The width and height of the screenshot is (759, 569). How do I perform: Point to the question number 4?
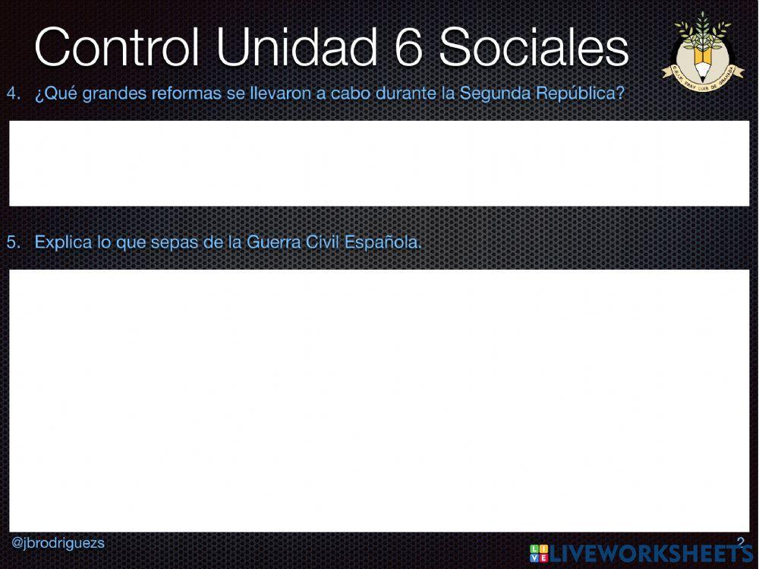(x=13, y=94)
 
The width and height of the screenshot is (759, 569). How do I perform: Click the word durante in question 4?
(x=401, y=94)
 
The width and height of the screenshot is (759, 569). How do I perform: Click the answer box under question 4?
(x=379, y=163)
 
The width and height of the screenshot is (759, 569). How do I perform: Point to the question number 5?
(x=13, y=243)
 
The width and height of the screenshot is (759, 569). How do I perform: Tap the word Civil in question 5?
(x=325, y=243)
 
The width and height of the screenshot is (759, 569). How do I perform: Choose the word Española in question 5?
(x=383, y=243)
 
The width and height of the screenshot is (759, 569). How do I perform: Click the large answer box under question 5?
(x=379, y=400)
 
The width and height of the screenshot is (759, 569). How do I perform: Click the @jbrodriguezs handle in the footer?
(x=58, y=543)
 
